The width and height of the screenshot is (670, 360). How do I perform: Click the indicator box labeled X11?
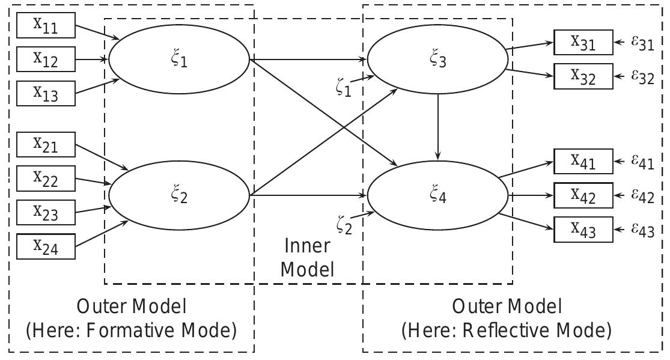[46, 26]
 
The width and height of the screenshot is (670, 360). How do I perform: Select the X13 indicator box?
[46, 93]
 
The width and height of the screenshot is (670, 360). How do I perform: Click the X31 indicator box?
[583, 43]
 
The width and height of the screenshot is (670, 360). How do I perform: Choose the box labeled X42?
[583, 195]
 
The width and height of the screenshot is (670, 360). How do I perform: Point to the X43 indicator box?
[583, 230]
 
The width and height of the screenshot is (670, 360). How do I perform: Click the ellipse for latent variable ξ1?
[179, 59]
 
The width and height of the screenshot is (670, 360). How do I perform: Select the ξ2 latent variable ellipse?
[179, 195]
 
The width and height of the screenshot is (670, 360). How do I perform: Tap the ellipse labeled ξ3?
[437, 59]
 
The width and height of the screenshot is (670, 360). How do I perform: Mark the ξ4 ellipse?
[437, 195]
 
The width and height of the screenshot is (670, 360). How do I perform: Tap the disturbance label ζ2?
[345, 224]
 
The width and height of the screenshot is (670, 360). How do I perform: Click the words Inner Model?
[307, 257]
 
